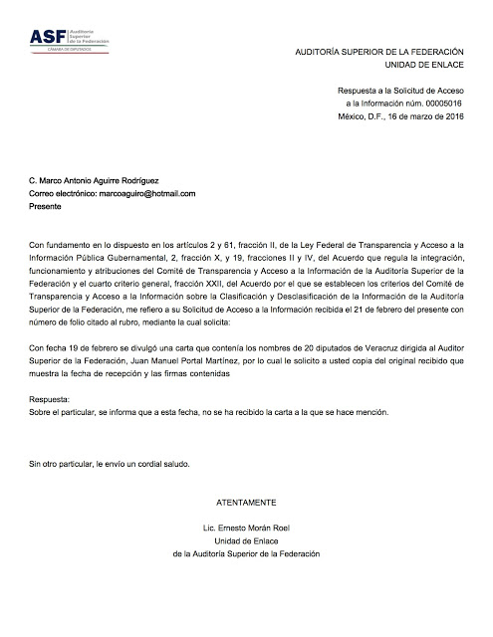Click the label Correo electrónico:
click(x=66, y=193)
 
